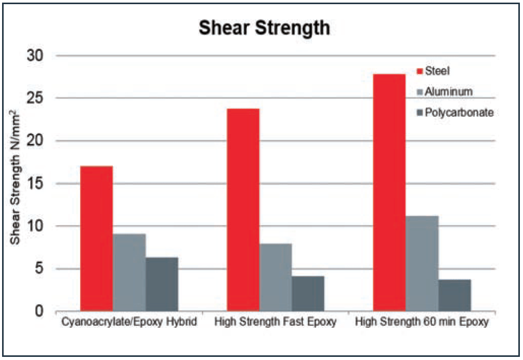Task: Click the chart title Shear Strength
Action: click(x=264, y=28)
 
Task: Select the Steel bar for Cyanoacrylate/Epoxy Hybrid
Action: click(x=96, y=238)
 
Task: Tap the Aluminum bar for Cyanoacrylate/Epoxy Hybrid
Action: click(x=129, y=272)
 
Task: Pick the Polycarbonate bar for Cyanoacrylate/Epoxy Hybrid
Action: click(x=162, y=284)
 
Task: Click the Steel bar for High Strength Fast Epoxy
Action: click(x=243, y=210)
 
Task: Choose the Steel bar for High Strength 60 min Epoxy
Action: click(x=389, y=193)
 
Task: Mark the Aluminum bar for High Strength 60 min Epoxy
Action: click(x=422, y=263)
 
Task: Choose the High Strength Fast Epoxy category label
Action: click(x=276, y=323)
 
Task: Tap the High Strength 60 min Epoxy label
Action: click(x=422, y=323)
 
